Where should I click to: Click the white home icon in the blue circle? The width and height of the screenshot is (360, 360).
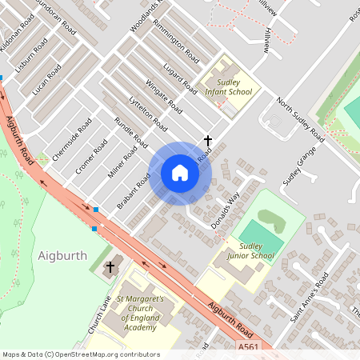click(x=180, y=173)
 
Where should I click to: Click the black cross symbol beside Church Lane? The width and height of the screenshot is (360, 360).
click(x=110, y=266)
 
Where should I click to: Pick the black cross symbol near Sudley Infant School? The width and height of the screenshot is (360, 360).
click(x=208, y=141)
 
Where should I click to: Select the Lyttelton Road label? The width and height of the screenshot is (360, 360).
click(x=148, y=114)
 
